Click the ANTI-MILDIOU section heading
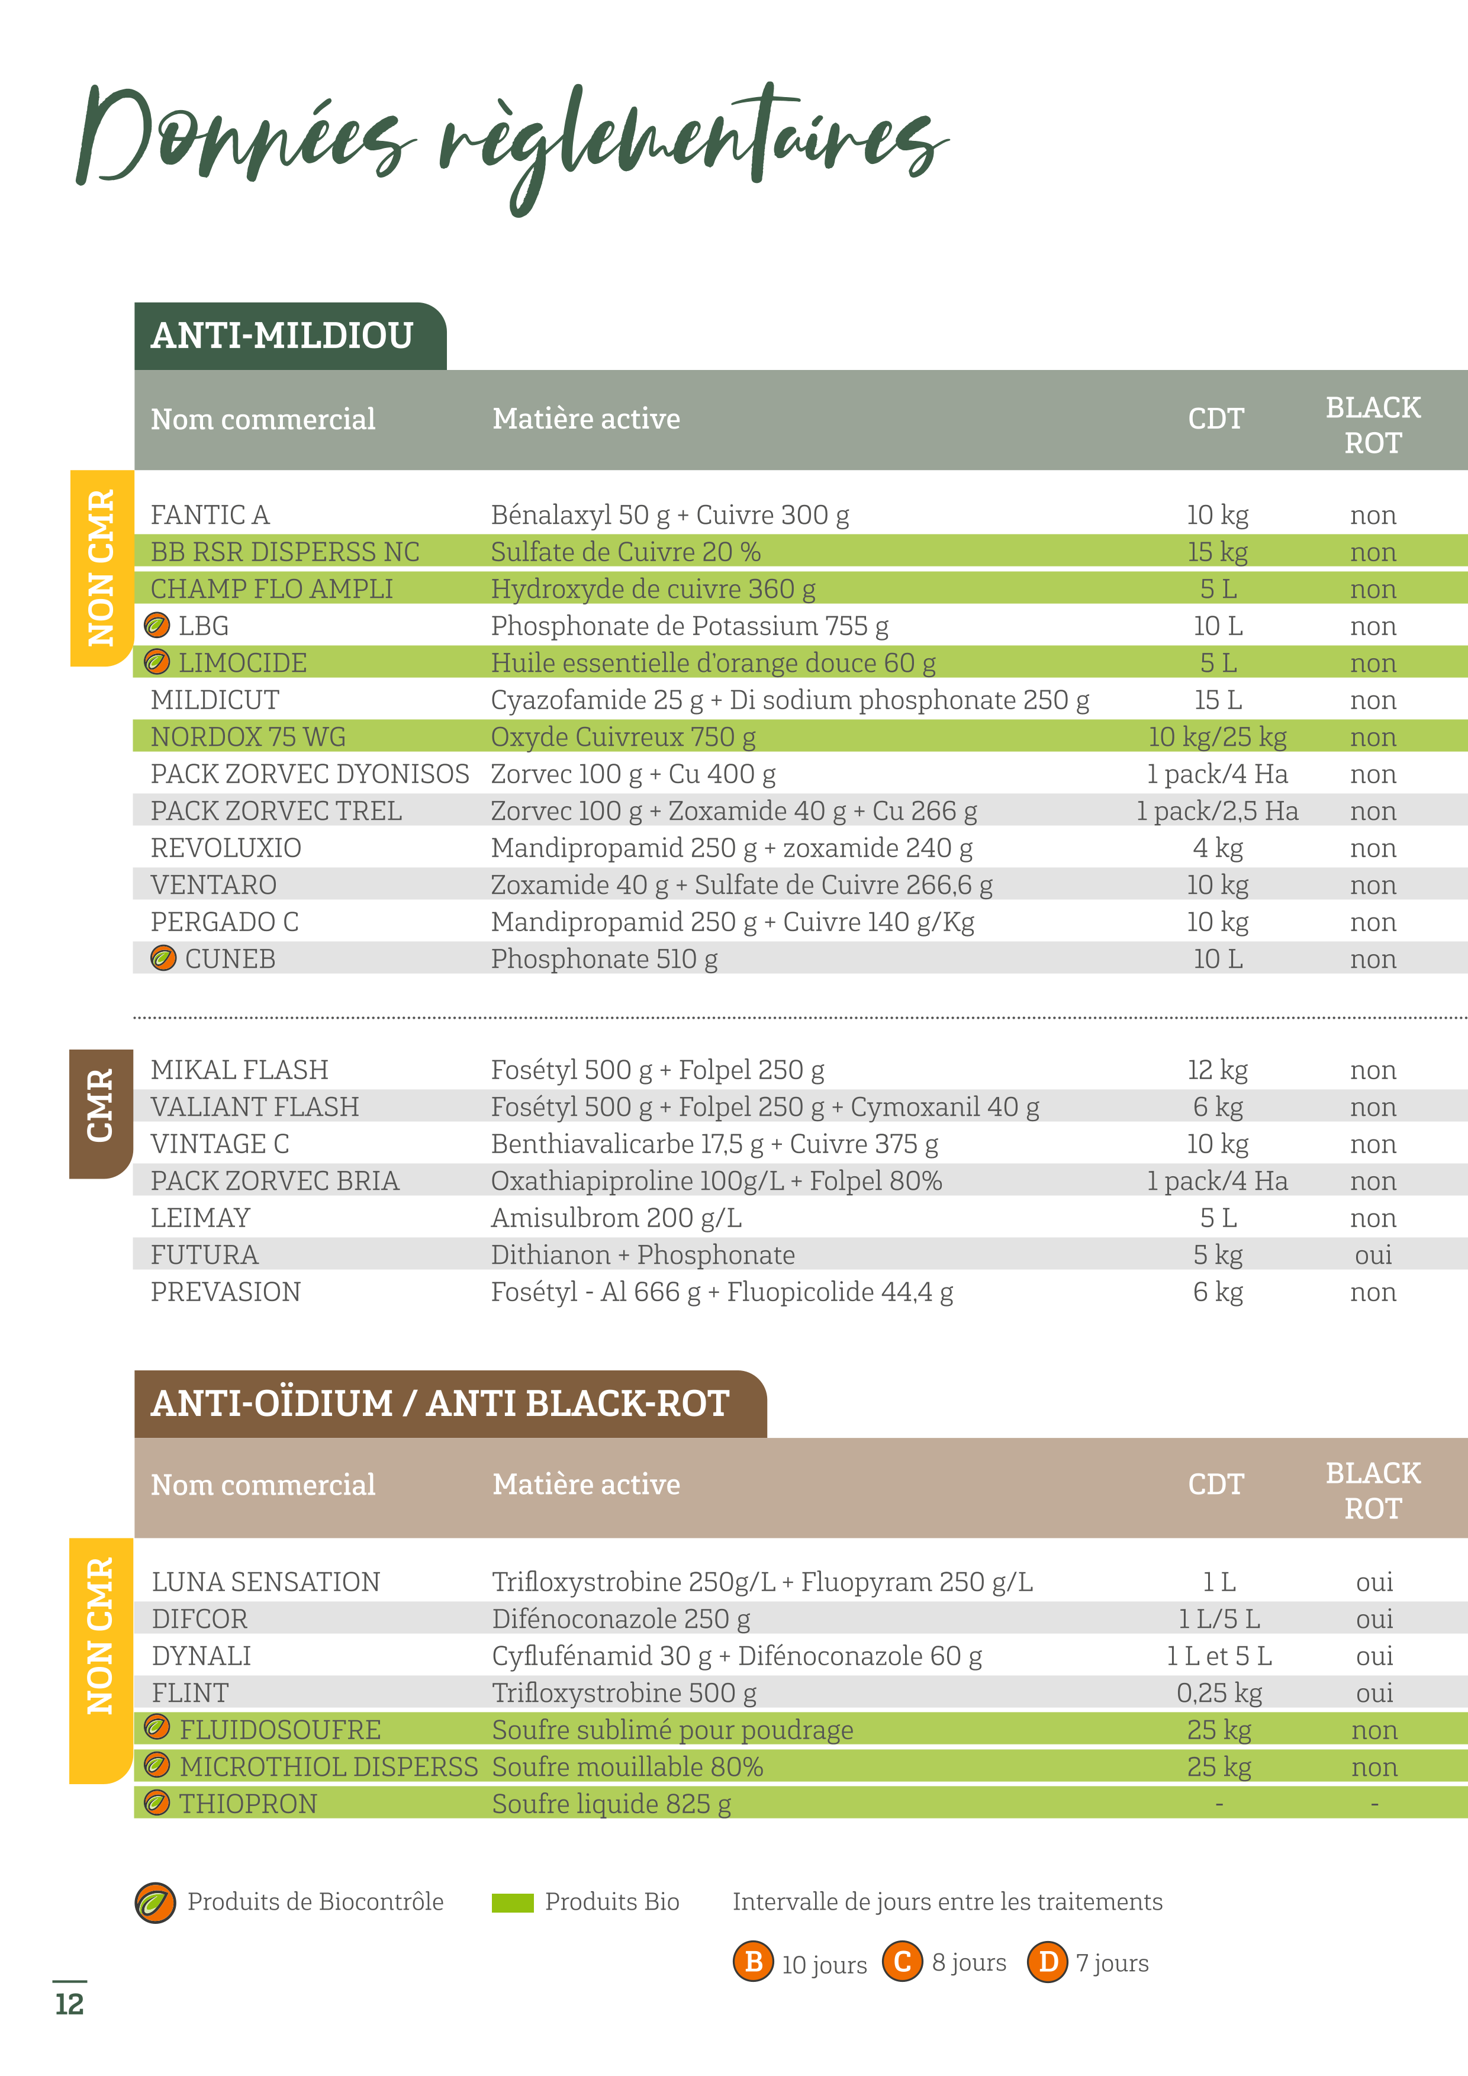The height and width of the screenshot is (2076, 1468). click(x=282, y=336)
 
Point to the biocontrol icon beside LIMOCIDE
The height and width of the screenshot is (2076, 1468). click(x=157, y=663)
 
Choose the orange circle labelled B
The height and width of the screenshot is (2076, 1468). click(x=753, y=1962)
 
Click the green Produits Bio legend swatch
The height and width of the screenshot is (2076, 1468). click(x=513, y=1903)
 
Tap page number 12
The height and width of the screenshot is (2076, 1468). click(x=70, y=2004)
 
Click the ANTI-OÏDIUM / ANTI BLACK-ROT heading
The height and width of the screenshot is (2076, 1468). click(x=440, y=1404)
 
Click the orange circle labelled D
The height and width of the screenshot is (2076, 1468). click(x=1048, y=1962)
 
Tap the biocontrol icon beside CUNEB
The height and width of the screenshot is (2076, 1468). click(x=163, y=958)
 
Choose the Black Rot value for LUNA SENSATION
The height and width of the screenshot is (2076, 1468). click(x=1374, y=1582)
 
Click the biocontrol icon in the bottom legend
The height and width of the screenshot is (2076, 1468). click(x=156, y=1903)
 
